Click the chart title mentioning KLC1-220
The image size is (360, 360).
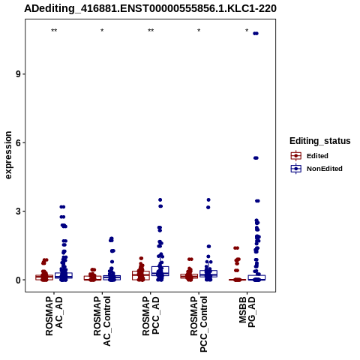click(150, 8)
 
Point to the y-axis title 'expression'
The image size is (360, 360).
click(8, 155)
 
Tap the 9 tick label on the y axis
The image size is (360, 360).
click(19, 74)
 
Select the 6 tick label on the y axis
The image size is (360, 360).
click(19, 142)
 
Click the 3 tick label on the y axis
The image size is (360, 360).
click(19, 211)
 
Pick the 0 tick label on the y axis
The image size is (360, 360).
click(19, 280)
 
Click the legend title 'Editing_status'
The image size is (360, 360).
click(320, 141)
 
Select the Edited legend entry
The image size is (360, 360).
click(310, 156)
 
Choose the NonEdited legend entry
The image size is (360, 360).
click(316, 169)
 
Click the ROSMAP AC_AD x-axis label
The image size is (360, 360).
click(54, 316)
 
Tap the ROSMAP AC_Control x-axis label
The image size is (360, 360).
click(102, 321)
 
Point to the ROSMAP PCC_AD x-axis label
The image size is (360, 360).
click(151, 316)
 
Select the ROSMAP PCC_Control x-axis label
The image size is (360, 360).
click(199, 324)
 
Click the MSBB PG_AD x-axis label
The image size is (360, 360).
click(247, 312)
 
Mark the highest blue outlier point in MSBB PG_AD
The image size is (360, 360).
click(256, 34)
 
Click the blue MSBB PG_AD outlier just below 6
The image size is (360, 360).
click(256, 158)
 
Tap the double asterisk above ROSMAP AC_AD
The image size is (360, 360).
click(54, 31)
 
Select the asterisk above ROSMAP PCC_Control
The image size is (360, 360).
click(199, 31)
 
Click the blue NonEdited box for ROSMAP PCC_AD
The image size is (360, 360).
click(160, 271)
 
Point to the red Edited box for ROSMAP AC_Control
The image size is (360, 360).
click(92, 278)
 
